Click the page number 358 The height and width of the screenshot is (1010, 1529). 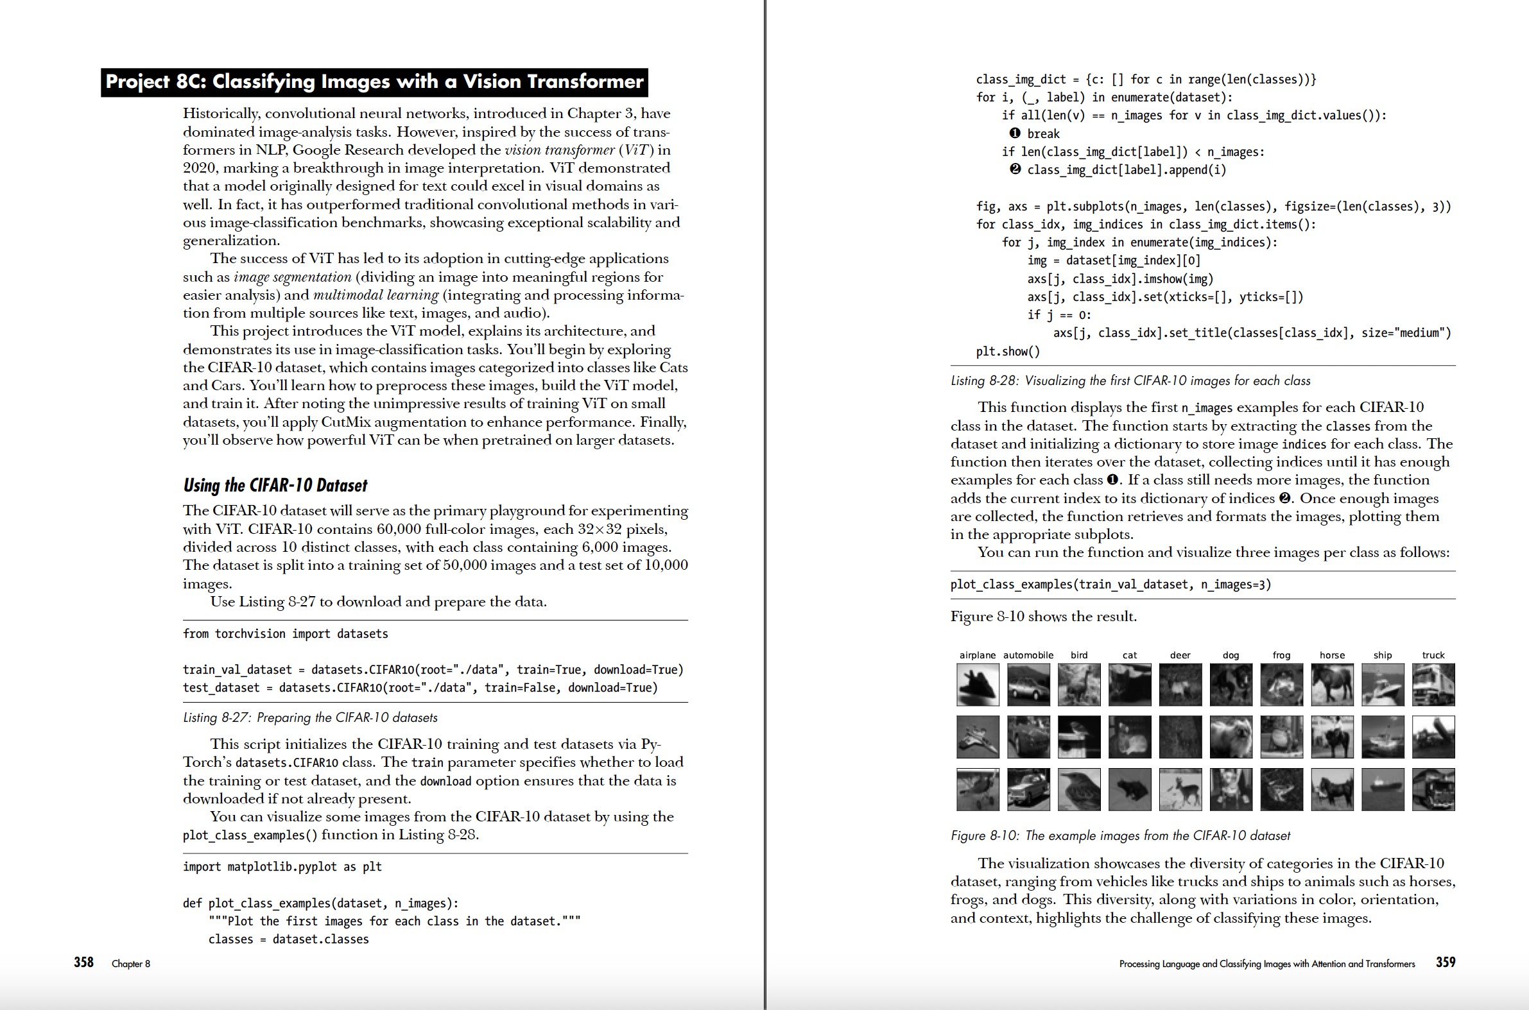[83, 962]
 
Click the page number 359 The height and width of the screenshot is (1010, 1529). [1446, 962]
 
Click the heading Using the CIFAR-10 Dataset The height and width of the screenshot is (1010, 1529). [275, 485]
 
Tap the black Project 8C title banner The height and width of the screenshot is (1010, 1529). [374, 81]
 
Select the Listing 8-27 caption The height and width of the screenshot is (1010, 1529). [310, 717]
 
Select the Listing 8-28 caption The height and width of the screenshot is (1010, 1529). [1130, 381]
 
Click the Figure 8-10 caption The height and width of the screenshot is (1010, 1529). [1120, 835]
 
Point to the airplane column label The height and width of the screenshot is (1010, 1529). [978, 655]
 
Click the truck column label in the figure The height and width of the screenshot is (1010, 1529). [1433, 655]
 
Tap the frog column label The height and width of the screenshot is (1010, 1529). [1281, 655]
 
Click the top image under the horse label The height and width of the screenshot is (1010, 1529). [1332, 685]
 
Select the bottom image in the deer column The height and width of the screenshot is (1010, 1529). [1180, 789]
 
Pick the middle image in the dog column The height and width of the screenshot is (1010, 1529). [1231, 737]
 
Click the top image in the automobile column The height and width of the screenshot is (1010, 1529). [1028, 685]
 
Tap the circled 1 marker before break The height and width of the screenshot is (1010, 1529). [1015, 133]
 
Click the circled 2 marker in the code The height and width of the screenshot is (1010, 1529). [1015, 169]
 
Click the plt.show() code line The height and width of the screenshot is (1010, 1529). [1008, 352]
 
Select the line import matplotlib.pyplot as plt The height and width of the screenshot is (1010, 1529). [282, 867]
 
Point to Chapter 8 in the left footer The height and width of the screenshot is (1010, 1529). [131, 964]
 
